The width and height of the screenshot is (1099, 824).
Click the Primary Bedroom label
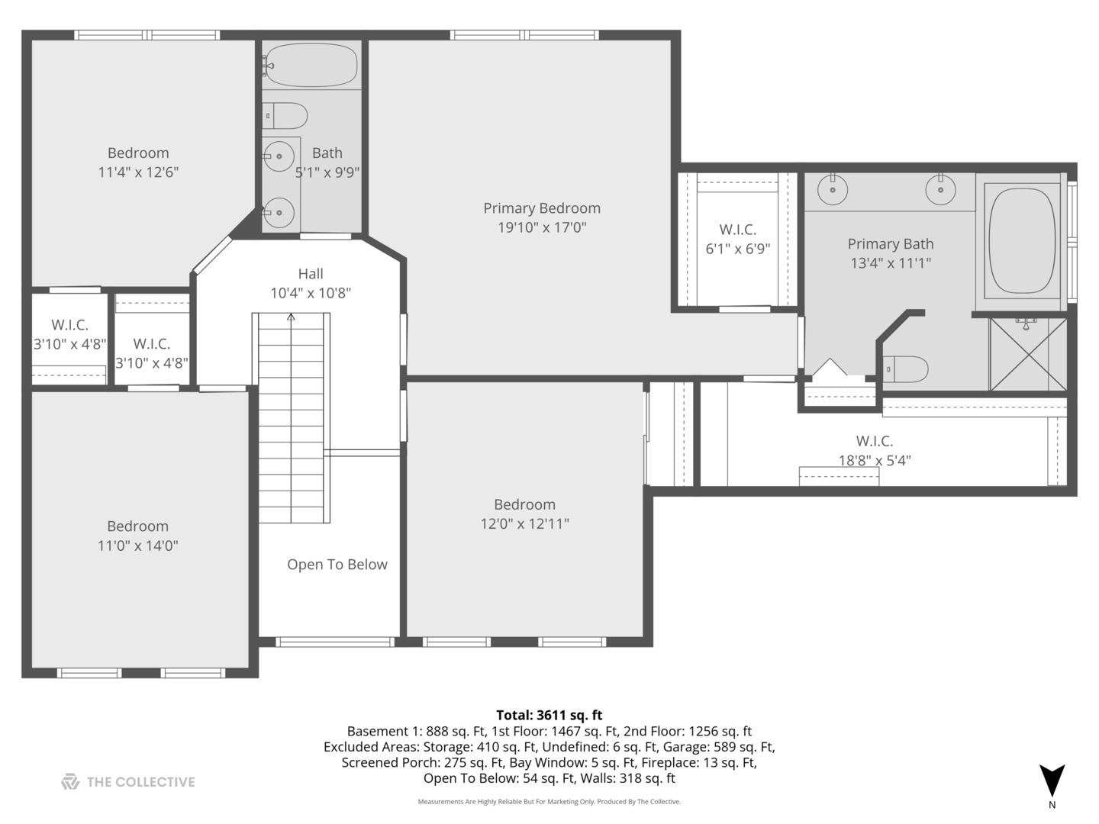click(x=542, y=208)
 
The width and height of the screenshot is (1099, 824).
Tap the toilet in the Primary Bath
click(x=905, y=369)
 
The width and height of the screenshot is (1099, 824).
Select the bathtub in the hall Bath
click(x=311, y=65)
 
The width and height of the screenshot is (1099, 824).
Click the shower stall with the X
click(x=1028, y=354)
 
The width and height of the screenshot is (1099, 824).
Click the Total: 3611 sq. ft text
click(x=549, y=715)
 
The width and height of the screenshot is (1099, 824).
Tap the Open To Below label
click(x=337, y=565)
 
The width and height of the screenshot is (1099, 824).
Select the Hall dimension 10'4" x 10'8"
click(x=311, y=293)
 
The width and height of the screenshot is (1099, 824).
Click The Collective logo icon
click(x=70, y=781)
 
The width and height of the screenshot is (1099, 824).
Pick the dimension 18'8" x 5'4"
click(x=875, y=460)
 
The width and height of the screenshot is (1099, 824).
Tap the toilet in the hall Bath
click(x=285, y=115)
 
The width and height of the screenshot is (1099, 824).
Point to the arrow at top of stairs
click(x=291, y=317)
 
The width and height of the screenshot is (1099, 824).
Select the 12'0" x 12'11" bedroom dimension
click(x=525, y=523)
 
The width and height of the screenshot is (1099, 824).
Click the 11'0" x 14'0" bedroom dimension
click(x=137, y=546)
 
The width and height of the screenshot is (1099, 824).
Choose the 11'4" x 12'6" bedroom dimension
click(x=138, y=172)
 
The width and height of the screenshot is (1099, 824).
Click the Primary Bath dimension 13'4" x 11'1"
click(x=891, y=262)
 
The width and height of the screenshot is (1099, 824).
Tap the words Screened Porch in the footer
click(x=380, y=762)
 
